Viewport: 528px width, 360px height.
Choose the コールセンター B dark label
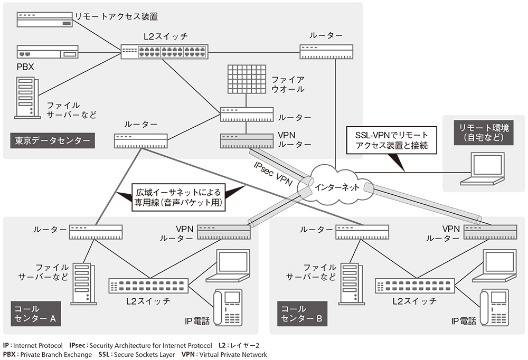(x=301, y=314)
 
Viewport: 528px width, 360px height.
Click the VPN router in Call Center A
(x=224, y=232)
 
